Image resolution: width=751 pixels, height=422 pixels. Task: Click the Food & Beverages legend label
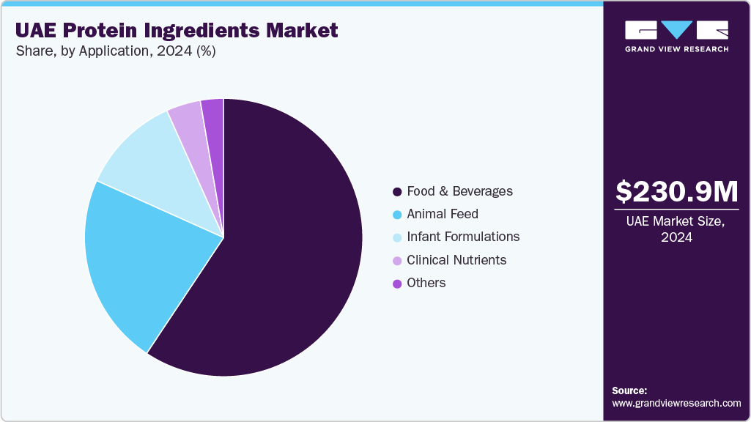[459, 191]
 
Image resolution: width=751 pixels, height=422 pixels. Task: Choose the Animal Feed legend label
[442, 214]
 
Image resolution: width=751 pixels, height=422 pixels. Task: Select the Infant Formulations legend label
[463, 237]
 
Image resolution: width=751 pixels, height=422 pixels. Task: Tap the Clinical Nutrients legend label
[456, 260]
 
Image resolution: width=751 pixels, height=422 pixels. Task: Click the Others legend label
[426, 283]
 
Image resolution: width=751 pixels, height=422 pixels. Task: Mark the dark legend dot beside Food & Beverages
[397, 192]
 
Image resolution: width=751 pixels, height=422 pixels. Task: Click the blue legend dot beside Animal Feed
[397, 215]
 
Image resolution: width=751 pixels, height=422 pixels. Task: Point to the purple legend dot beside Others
[397, 284]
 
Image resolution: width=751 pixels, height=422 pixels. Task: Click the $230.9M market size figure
[676, 192]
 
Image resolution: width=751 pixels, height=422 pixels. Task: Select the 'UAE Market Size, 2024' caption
[676, 229]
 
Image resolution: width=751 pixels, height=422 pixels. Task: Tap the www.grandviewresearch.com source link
[676, 403]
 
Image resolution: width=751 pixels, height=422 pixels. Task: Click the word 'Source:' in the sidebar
[629, 390]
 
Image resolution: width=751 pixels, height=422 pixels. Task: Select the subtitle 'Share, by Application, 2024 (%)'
[115, 51]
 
